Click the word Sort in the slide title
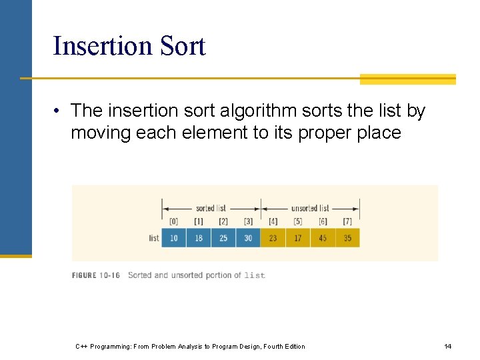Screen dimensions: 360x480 click(181, 46)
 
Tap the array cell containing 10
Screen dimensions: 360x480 click(174, 238)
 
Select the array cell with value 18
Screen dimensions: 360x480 click(199, 238)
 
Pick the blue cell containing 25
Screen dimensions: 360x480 click(223, 238)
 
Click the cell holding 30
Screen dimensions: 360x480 click(248, 238)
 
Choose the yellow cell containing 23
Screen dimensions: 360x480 click(273, 238)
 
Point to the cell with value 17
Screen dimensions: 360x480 click(298, 238)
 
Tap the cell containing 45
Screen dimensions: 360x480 click(323, 238)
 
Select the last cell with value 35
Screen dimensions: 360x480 click(347, 238)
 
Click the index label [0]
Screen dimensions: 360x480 click(174, 221)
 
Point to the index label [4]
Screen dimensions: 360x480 click(273, 221)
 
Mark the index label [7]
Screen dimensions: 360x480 click(347, 221)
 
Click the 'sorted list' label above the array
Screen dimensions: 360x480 click(211, 208)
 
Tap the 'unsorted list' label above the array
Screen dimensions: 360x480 click(310, 208)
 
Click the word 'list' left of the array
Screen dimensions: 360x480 click(154, 238)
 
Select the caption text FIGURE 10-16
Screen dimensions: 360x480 click(96, 275)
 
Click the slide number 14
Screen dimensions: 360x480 click(448, 346)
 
